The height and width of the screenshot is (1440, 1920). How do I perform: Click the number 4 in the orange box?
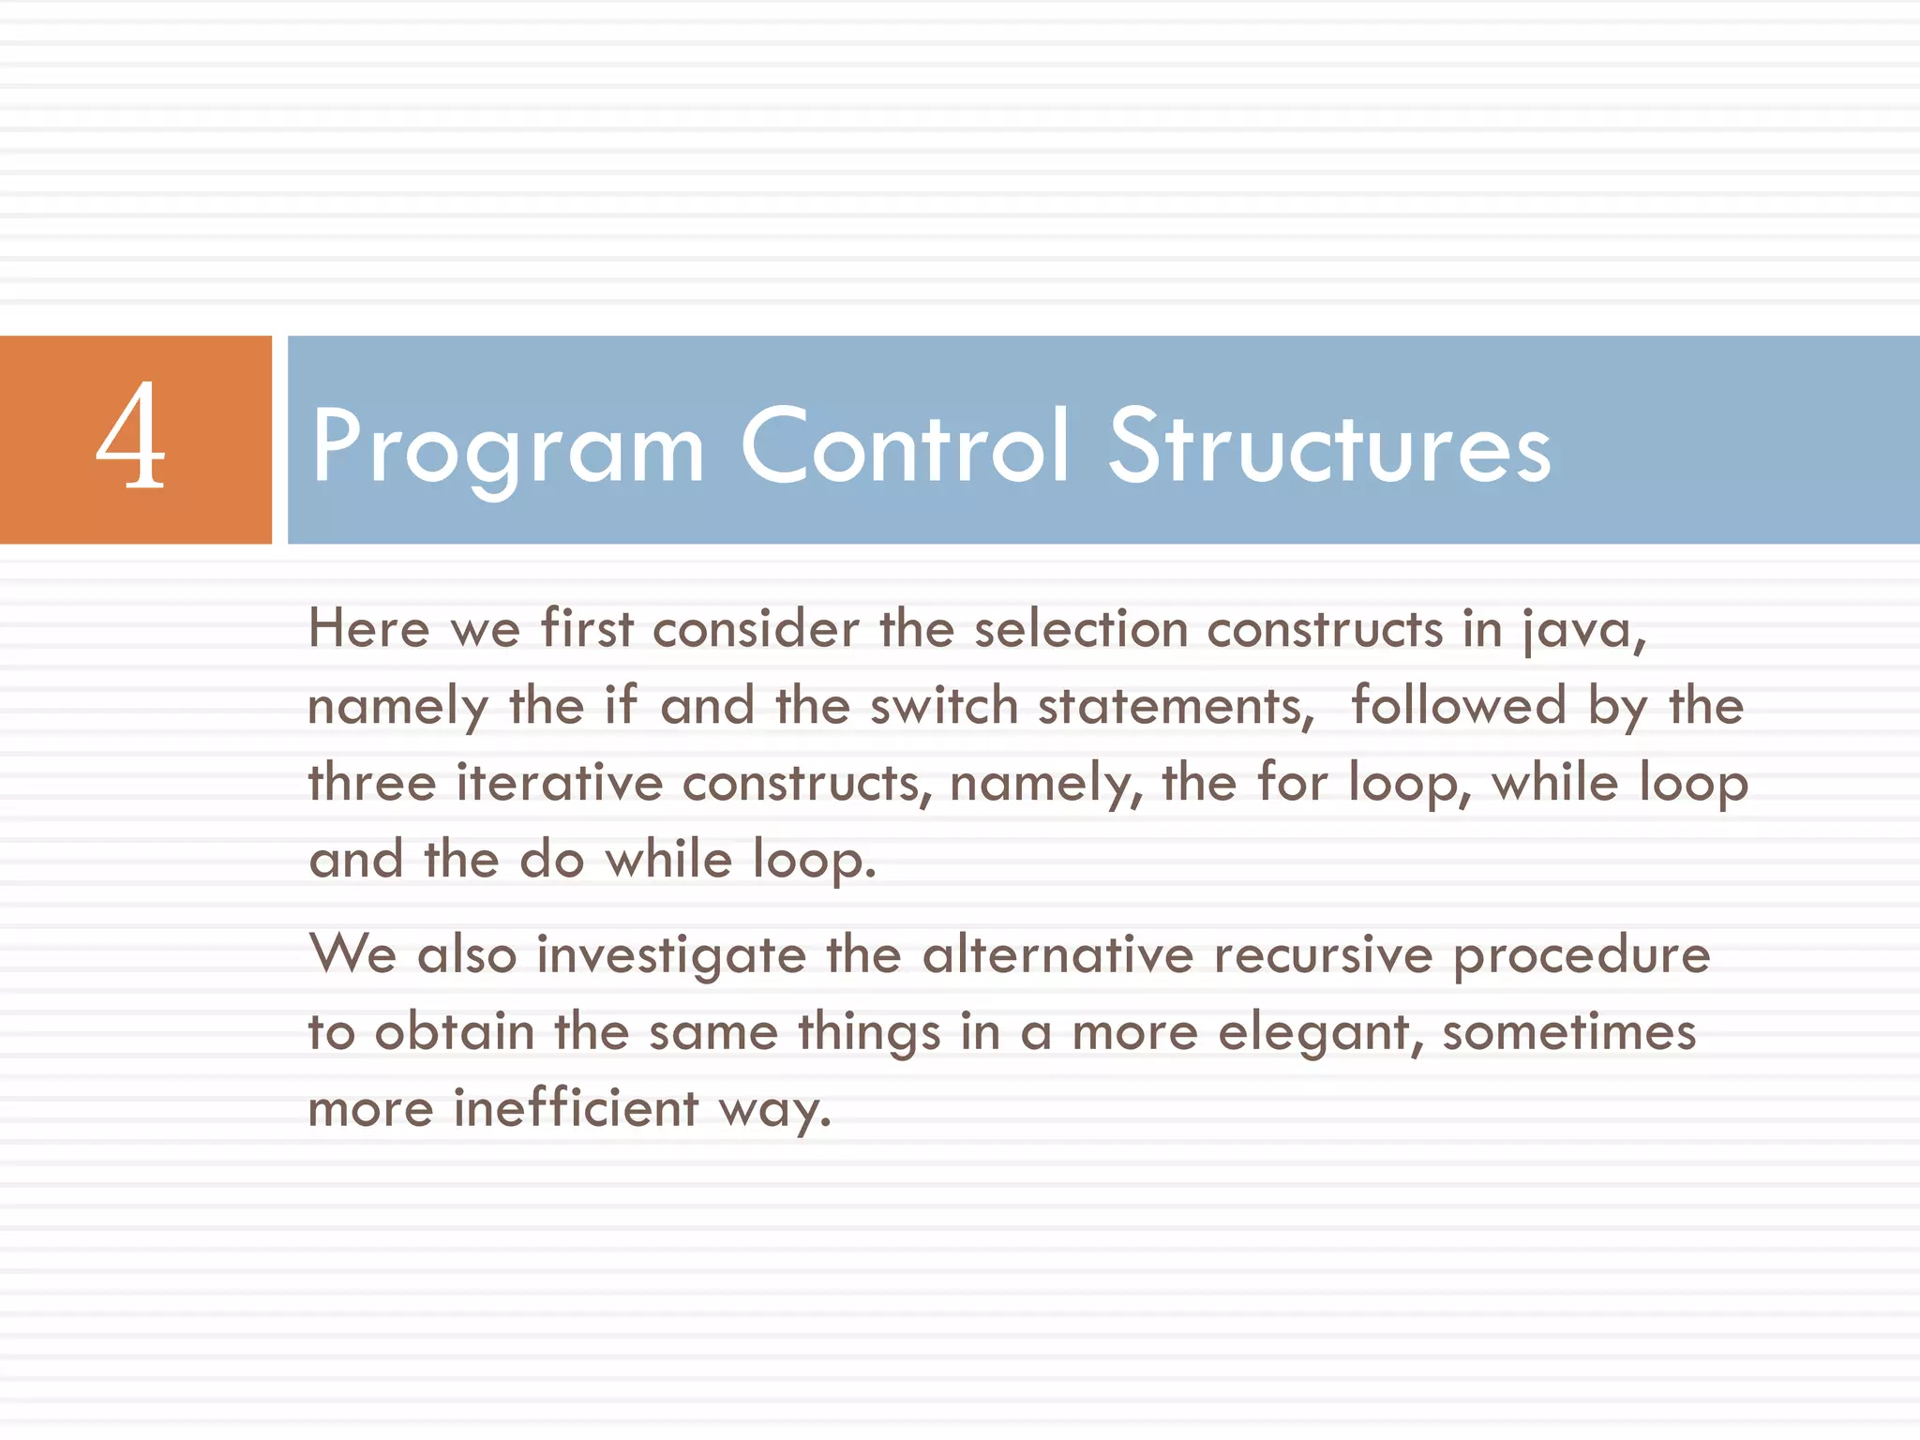point(131,437)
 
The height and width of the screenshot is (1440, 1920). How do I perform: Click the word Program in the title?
point(507,448)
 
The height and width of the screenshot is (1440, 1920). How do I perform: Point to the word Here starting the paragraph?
point(368,628)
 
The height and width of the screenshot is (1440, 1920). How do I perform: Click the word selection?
point(1081,628)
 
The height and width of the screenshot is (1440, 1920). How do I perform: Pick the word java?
point(1583,630)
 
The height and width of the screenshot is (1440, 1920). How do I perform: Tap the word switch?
point(944,705)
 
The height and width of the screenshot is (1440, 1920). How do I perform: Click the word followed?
point(1459,705)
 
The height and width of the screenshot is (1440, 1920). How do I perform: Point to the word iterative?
point(560,782)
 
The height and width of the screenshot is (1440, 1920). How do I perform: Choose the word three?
point(372,782)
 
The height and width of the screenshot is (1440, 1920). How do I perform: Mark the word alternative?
point(1057,955)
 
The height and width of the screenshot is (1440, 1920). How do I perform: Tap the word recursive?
point(1323,955)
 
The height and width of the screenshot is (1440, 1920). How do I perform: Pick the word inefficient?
point(576,1108)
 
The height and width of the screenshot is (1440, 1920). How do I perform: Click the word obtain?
point(455,1032)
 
